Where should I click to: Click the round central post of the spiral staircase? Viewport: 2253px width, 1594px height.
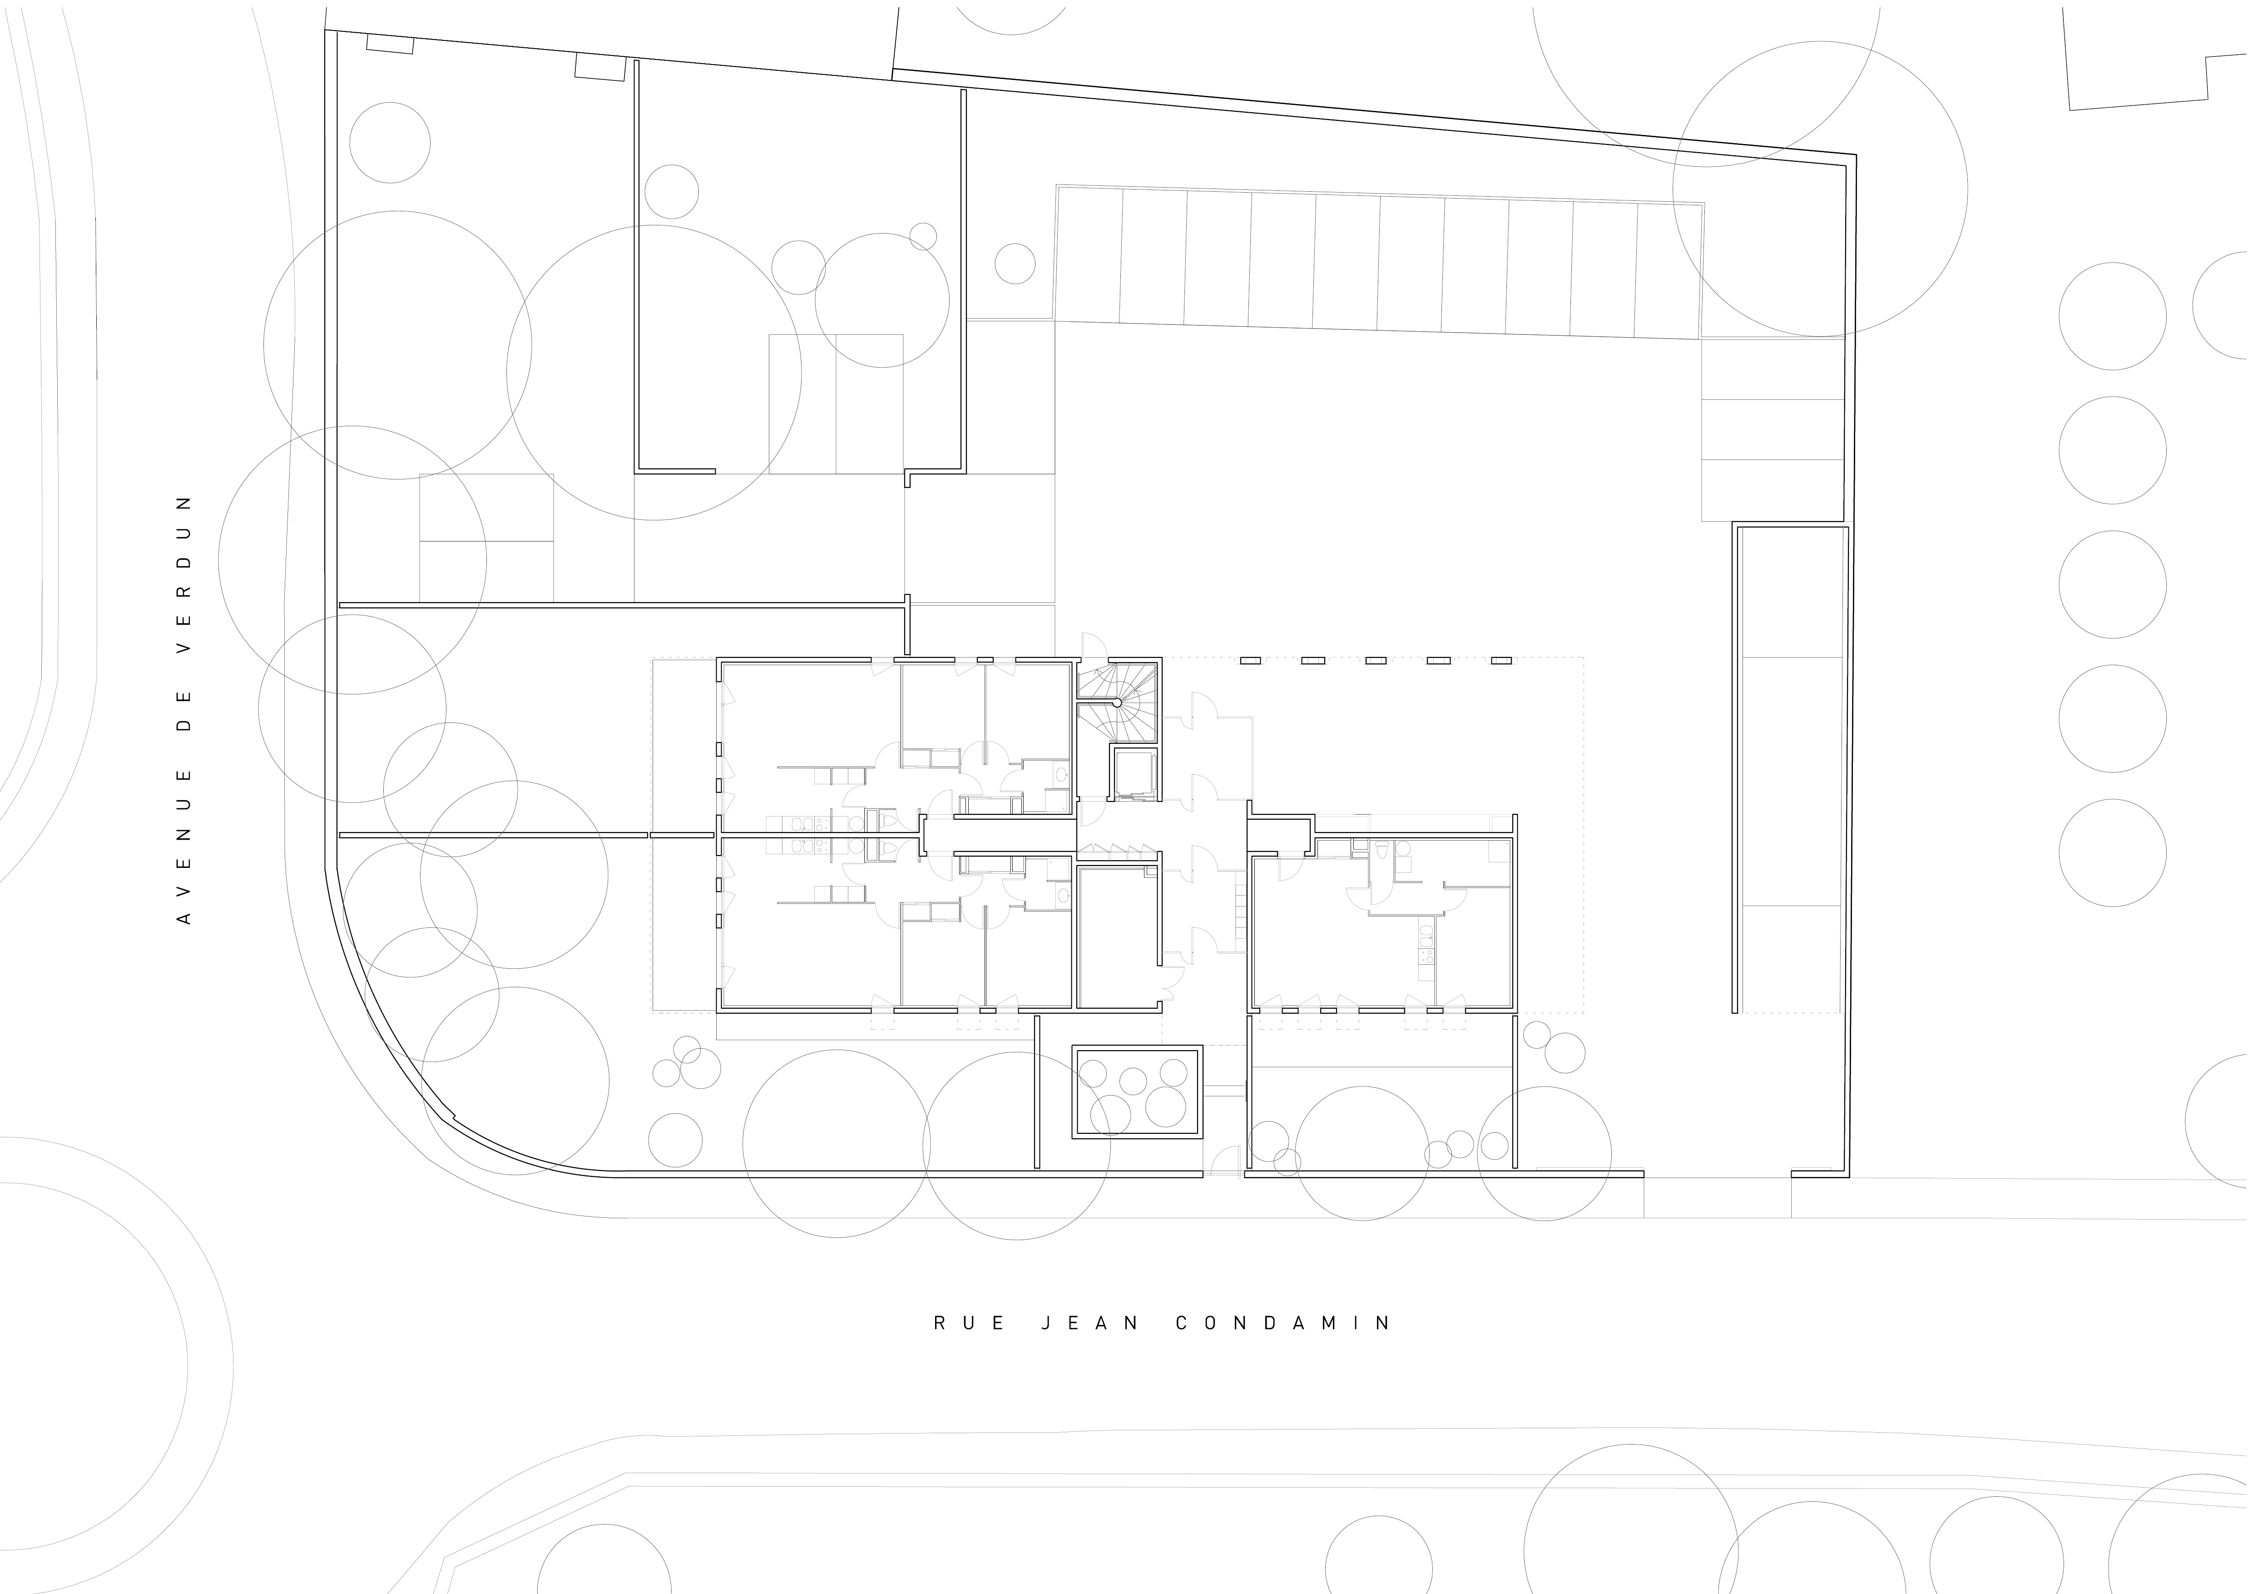point(1117,703)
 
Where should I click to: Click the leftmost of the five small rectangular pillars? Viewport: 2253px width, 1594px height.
point(1250,661)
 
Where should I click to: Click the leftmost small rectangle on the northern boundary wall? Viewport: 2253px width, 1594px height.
point(390,45)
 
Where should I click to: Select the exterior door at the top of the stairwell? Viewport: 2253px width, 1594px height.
point(1092,645)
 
